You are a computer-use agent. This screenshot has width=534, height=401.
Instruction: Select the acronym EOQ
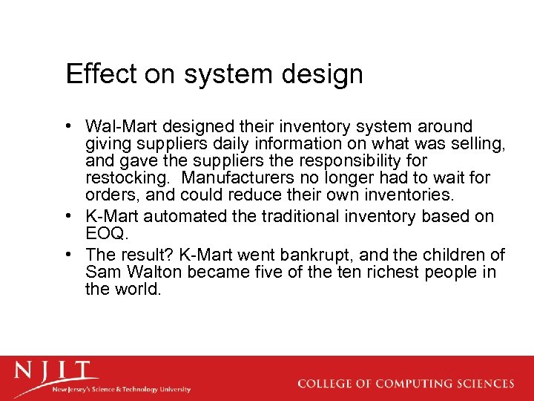[x=105, y=233]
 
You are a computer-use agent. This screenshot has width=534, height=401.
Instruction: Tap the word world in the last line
[x=136, y=289]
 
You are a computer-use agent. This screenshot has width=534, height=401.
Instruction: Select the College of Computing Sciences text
[x=406, y=384]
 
